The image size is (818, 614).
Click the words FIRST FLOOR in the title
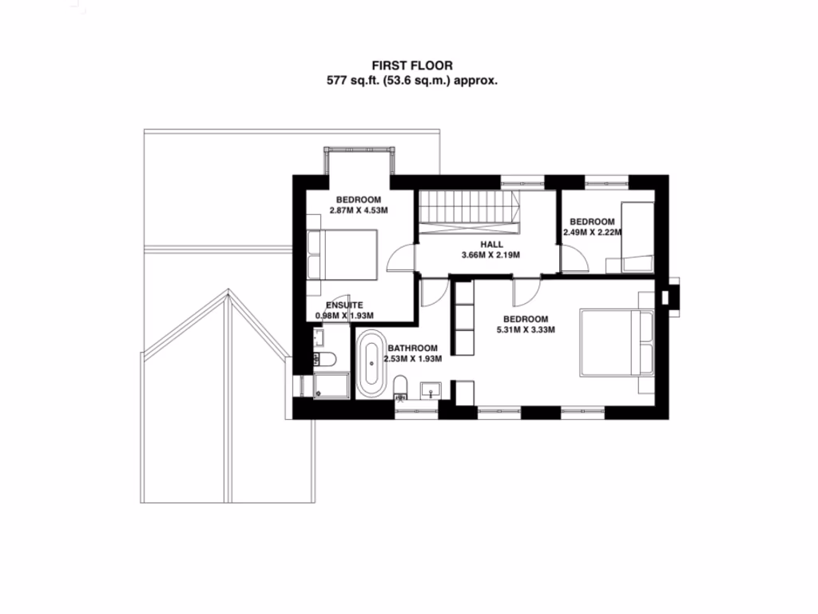[409, 65]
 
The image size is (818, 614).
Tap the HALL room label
[491, 245]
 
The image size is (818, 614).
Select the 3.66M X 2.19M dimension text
[491, 256]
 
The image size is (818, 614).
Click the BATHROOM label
[412, 349]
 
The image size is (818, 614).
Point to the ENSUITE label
[344, 305]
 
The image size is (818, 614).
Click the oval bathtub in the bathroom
[370, 365]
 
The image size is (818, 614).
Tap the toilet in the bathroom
[402, 386]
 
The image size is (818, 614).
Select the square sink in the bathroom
[431, 389]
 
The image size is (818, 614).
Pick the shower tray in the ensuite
[331, 385]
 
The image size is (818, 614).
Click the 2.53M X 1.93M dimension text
[414, 360]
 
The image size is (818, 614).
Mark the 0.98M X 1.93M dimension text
[344, 317]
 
